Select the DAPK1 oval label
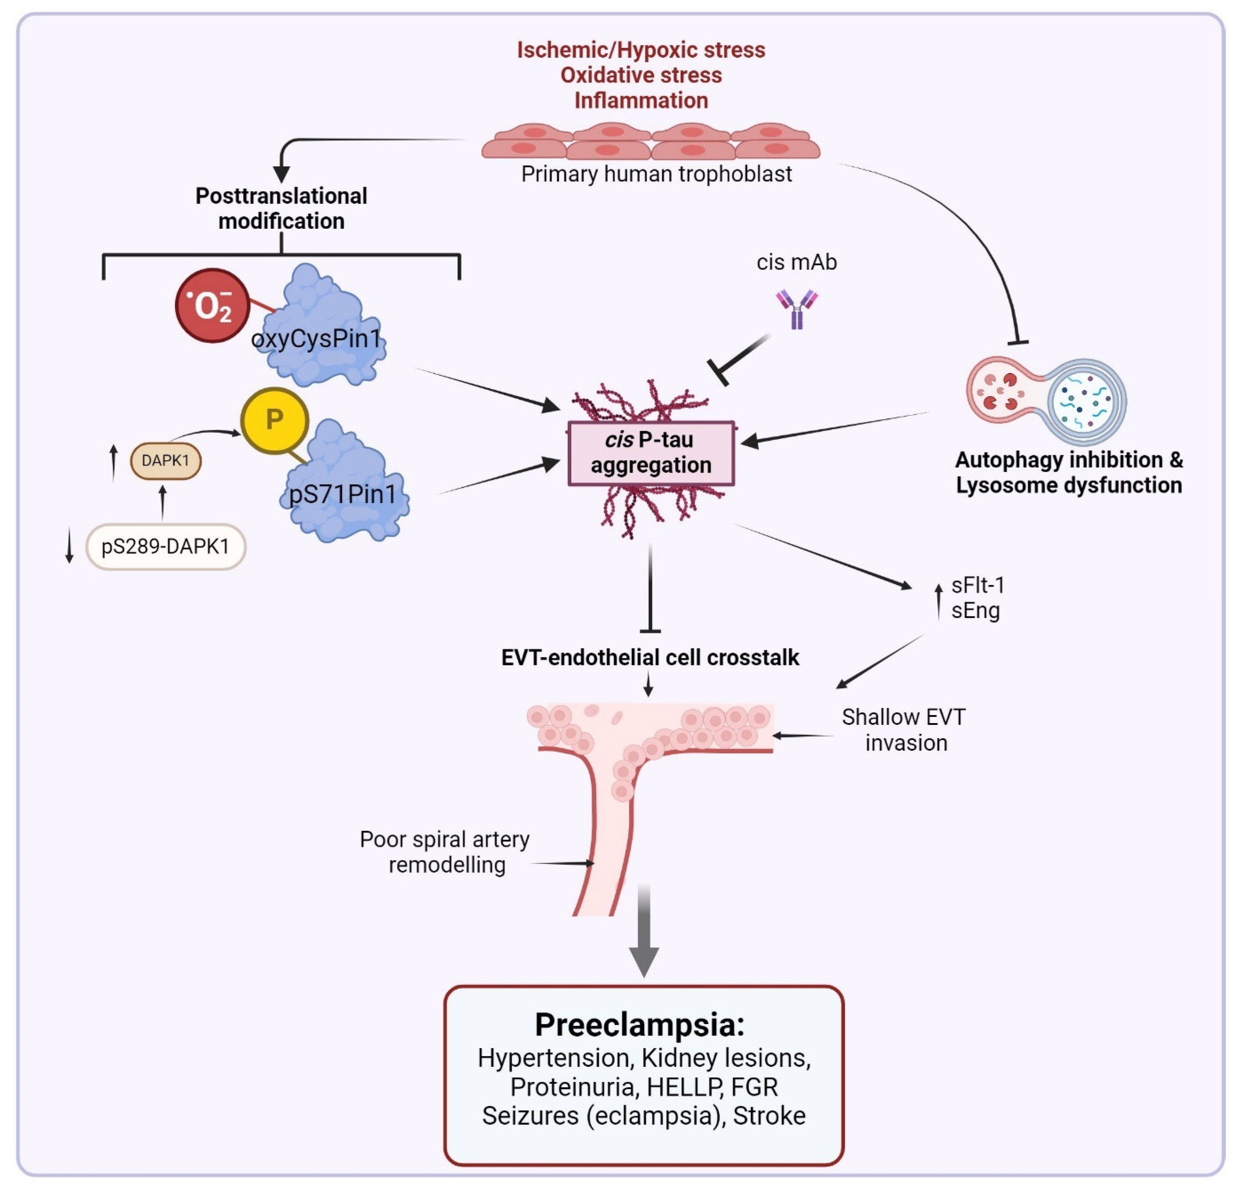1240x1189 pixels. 166,461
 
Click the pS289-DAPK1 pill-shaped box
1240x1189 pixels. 166,546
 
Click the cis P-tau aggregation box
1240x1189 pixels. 651,453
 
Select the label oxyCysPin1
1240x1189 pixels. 316,338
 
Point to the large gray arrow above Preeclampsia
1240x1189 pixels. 644,930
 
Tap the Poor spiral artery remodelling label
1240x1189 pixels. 445,852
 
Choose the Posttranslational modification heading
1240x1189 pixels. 281,208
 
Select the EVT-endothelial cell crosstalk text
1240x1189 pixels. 650,657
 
